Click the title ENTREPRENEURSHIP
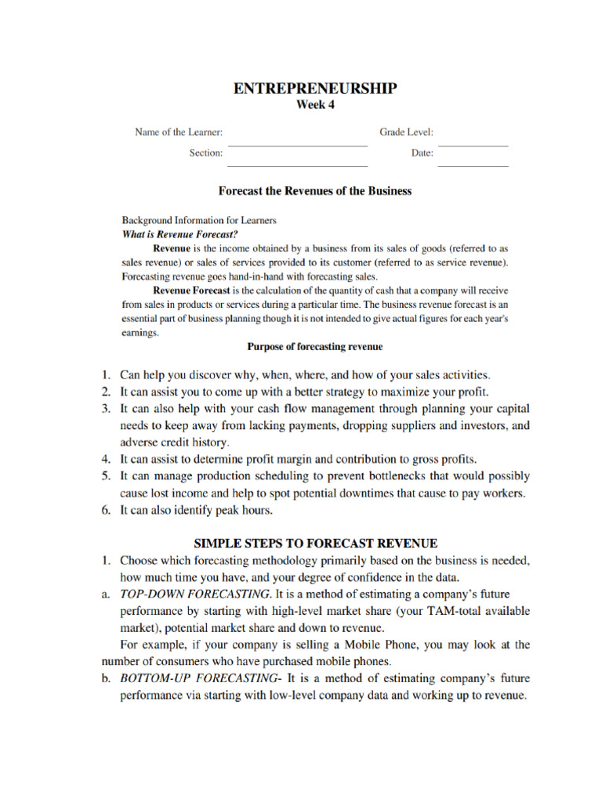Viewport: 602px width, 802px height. pos(315,89)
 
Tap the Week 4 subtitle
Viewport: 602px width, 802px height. pos(314,106)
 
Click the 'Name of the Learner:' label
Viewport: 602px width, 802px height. pos(179,132)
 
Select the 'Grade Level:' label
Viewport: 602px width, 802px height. pos(407,132)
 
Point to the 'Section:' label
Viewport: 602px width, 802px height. pos(205,153)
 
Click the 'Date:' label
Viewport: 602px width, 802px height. pos(422,153)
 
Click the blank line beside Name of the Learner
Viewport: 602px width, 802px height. pos(297,145)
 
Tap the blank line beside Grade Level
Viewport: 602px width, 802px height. pos(473,145)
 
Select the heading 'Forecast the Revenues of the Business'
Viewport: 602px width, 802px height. pos(314,191)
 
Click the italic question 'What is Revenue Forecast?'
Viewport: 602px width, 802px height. pos(180,233)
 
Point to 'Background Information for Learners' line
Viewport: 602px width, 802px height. pos(199,220)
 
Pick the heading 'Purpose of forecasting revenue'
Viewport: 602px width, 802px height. pos(314,345)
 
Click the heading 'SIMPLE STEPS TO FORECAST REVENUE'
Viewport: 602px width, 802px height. pos(315,543)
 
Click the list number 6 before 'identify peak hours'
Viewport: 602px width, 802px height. pos(106,510)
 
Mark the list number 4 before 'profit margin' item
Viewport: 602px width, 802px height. pos(106,459)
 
